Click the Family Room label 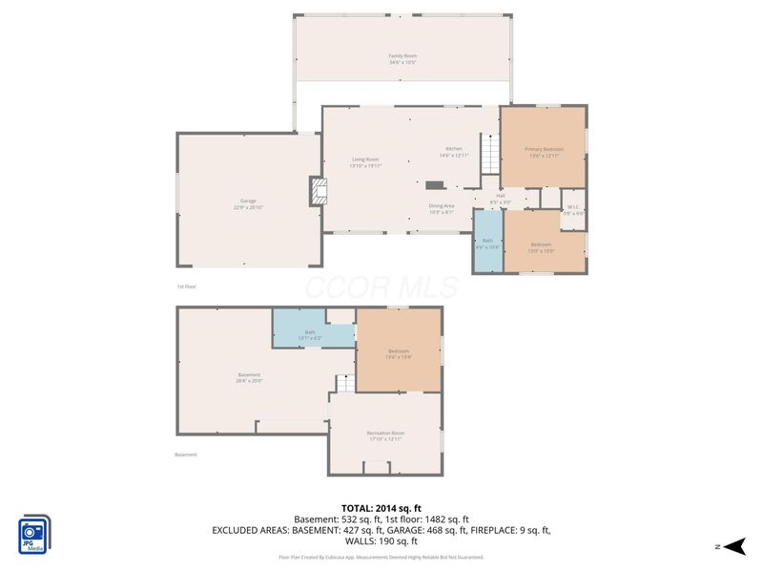coord(402,58)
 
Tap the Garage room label coord(248,205)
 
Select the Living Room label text coord(365,162)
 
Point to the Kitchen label coord(454,152)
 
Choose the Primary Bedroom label coord(544,152)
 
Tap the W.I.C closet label coord(573,209)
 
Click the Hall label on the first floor coord(500,199)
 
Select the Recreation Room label coord(385,435)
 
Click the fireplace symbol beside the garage coord(318,192)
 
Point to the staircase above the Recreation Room coord(344,383)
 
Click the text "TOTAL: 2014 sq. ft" coord(381,508)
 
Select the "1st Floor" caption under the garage coord(186,286)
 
